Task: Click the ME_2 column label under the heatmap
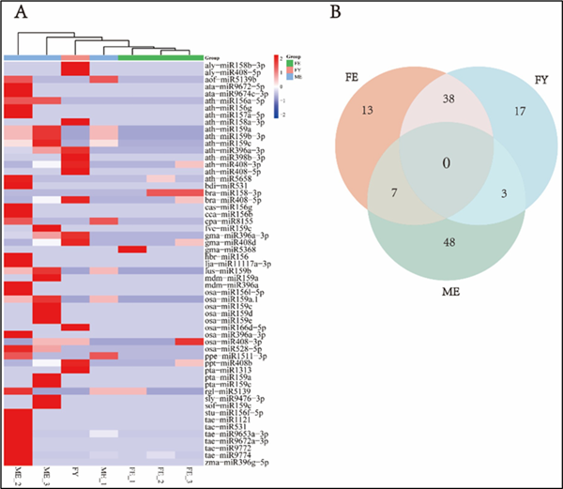17,468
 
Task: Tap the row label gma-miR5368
226,248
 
